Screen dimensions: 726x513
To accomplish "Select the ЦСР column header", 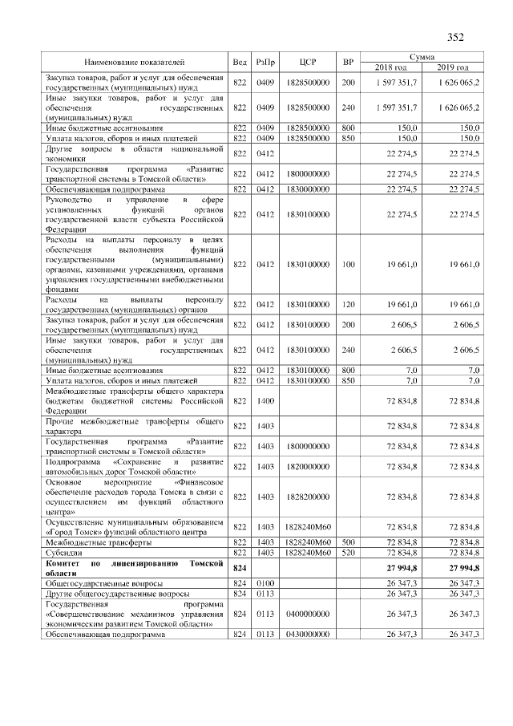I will coord(305,62).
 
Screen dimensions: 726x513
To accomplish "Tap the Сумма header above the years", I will coord(422,56).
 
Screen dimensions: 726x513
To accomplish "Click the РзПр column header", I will coord(265,62).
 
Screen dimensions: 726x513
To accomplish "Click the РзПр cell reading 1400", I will coord(265,400).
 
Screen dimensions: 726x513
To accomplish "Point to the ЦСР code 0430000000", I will coord(305,635).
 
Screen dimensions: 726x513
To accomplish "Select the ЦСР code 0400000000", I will coord(305,614).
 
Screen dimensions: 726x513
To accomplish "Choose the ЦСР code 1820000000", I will coord(305,466).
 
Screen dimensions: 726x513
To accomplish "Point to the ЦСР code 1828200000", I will coord(305,497).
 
